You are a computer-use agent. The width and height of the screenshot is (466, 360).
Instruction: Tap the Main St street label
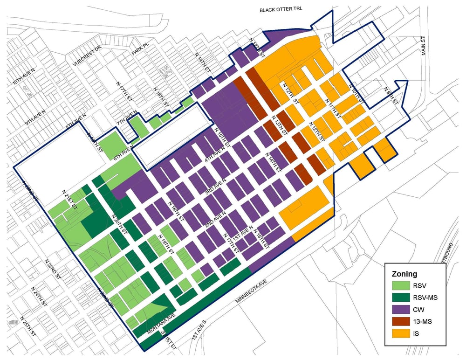tap(424, 45)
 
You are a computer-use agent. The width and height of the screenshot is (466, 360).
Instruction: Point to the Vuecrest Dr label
tap(87, 56)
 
